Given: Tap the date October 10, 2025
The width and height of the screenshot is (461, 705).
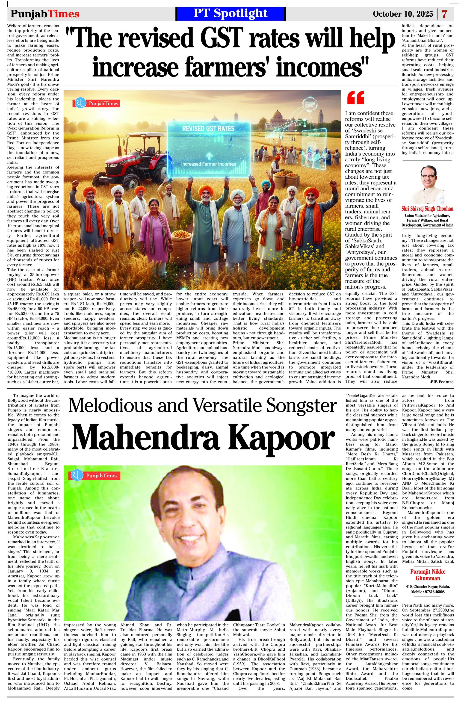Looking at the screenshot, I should pyautogui.click(x=403, y=14).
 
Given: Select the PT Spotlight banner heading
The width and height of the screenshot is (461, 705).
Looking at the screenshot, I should pyautogui.click(x=230, y=14).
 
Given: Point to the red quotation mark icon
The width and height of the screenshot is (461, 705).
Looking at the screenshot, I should pyautogui.click(x=355, y=98).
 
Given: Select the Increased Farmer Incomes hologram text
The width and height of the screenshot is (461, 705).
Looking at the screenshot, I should pyautogui.click(x=209, y=164).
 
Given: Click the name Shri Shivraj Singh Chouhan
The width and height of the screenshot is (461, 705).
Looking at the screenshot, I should pyautogui.click(x=427, y=209).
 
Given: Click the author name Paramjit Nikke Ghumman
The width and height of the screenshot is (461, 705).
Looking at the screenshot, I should pyautogui.click(x=428, y=575).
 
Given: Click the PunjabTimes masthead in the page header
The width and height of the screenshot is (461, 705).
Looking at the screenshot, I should pyautogui.click(x=45, y=14).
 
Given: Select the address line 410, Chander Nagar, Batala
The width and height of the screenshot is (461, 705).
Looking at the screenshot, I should pyautogui.click(x=428, y=587).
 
